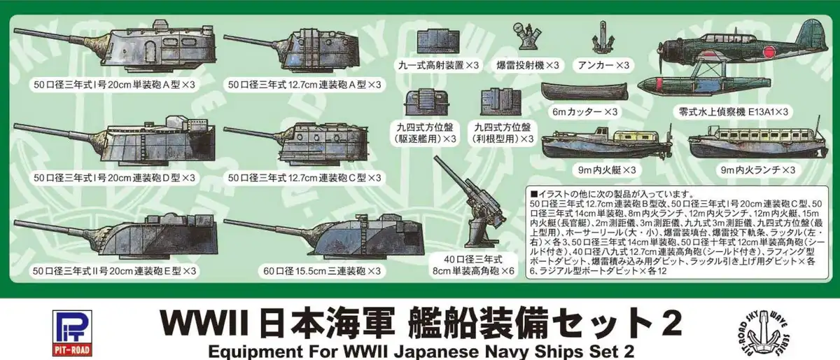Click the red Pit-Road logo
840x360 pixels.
tap(72, 333)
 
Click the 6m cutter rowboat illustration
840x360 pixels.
tap(584, 91)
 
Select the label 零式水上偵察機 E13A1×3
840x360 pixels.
tap(733, 112)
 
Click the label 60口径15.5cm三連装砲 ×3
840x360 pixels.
tap(322, 271)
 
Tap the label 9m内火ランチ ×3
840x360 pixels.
tap(757, 170)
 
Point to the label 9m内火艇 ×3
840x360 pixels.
tap(607, 170)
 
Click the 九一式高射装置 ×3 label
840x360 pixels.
tap(438, 65)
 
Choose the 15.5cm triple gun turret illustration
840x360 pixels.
tap(324, 236)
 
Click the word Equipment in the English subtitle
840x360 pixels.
tap(255, 352)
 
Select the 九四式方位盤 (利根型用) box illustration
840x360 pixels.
tap(501, 102)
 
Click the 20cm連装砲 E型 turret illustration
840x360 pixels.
tap(116, 237)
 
